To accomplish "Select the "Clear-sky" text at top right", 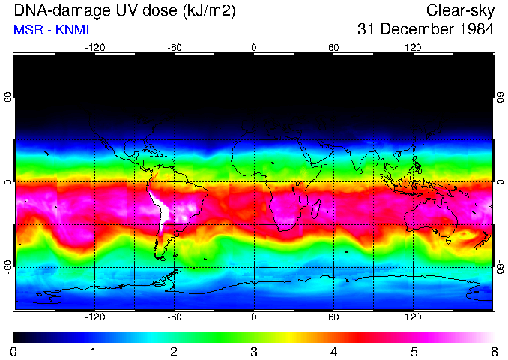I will point(460,10).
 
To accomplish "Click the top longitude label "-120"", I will point(94,48).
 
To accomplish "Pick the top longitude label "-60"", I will point(175,48).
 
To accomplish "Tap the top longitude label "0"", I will point(254,48).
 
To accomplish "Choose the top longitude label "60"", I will point(333,48).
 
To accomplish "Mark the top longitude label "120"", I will point(413,48).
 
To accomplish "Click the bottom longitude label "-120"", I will point(94,316).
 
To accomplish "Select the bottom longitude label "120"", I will point(413,316).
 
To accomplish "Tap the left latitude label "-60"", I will point(8,266).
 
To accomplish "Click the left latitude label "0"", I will point(8,182).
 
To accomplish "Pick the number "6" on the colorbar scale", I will point(494,352).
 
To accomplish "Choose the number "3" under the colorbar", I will point(254,352).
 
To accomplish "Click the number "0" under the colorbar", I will point(14,352).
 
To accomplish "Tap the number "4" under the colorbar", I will point(333,352).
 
